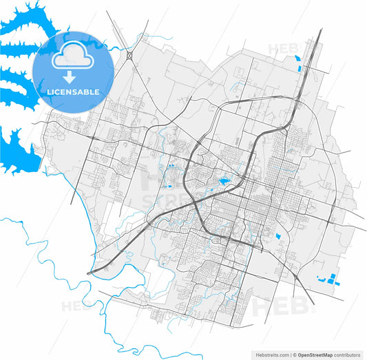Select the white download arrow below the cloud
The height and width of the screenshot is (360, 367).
(x=70, y=76)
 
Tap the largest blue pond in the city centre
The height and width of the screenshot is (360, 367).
(x=224, y=182)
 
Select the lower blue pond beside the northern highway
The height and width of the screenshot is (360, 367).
(x=301, y=69)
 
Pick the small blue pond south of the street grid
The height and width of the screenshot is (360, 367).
(x=279, y=237)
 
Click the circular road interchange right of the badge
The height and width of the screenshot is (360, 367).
(x=129, y=54)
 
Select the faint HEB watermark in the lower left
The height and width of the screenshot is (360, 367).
(x=76, y=307)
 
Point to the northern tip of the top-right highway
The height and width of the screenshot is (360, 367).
(x=321, y=30)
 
